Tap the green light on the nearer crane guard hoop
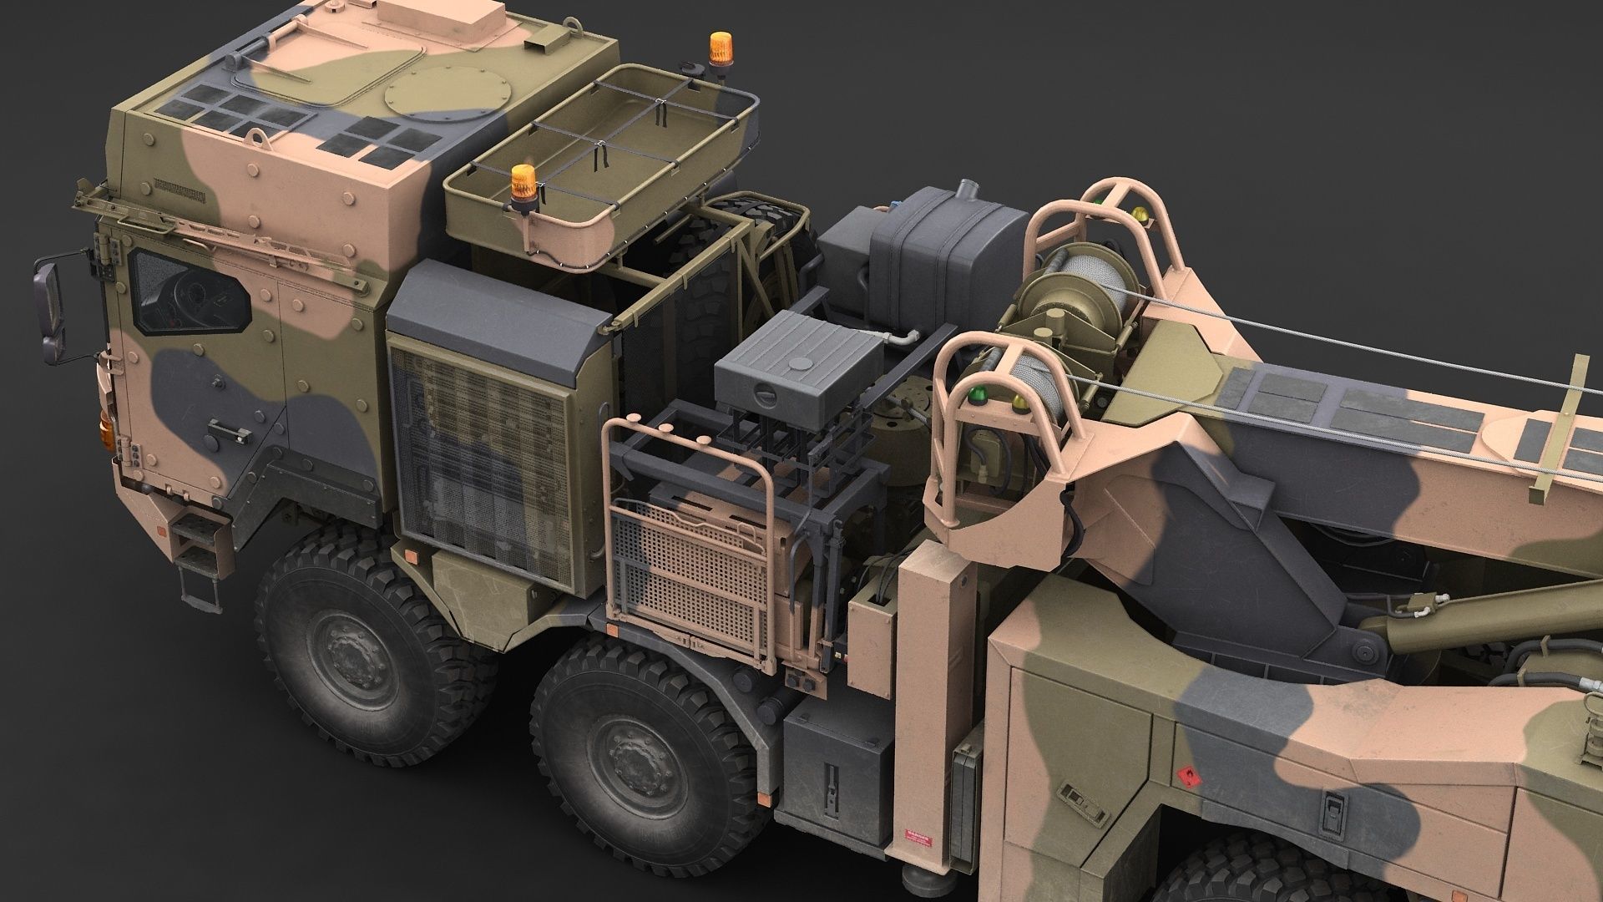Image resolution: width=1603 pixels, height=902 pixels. click(973, 395)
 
